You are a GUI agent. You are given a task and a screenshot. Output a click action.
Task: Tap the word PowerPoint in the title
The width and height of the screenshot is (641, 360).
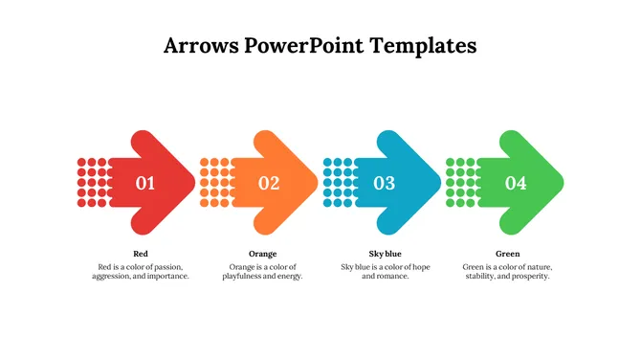[309, 45]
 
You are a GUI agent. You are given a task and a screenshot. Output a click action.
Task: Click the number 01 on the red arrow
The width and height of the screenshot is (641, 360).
[145, 183]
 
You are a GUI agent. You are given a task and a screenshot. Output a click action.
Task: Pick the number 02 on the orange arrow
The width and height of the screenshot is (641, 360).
[269, 183]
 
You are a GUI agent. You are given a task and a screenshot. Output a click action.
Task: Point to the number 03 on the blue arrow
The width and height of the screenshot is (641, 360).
[384, 183]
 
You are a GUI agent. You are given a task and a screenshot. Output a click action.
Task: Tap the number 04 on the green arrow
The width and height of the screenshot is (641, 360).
[516, 183]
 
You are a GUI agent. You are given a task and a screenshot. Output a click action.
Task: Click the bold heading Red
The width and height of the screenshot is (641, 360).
[141, 254]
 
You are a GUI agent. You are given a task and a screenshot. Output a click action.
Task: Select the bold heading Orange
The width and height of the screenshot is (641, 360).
[262, 254]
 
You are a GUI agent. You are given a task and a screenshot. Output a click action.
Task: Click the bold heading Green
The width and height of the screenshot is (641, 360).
[508, 254]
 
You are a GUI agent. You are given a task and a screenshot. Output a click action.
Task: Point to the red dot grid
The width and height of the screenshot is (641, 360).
[92, 182]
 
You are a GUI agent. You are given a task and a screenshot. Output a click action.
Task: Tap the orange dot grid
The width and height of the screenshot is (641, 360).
[214, 182]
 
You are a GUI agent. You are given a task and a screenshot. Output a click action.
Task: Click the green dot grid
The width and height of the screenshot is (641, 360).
[461, 182]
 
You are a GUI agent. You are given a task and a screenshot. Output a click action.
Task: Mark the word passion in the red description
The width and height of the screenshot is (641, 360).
[167, 266]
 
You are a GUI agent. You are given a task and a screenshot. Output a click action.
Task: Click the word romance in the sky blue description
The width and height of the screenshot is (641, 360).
[394, 277]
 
